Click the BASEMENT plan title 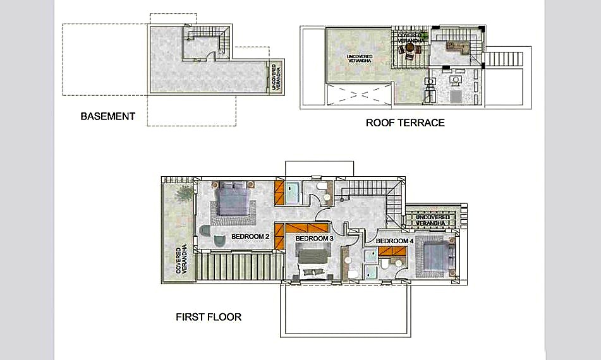pos(107,116)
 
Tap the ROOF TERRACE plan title pos(405,123)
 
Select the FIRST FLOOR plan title pos(209,316)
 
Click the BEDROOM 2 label pos(250,237)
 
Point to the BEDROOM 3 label pos(314,239)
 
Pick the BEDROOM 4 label pos(394,241)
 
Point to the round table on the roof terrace pos(410,48)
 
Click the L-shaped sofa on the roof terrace pos(458,47)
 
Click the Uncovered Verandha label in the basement pos(276,77)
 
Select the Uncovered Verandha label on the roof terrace pos(360,58)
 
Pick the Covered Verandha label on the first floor pos(181,259)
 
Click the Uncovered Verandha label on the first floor pos(432,220)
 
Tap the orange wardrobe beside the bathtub pos(279,192)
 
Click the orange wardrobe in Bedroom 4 pos(392,251)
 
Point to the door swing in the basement pos(210,56)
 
